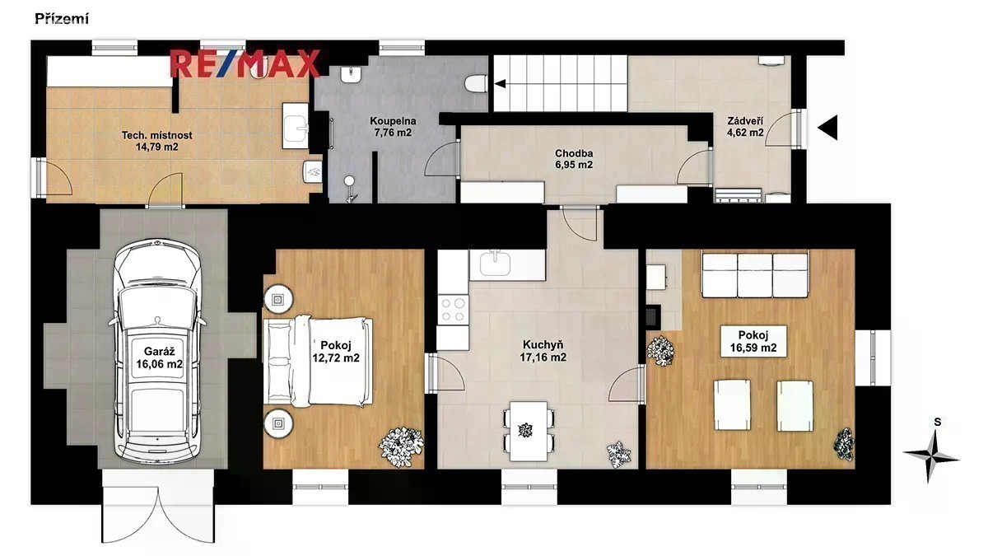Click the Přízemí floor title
pyautogui.click(x=62, y=20)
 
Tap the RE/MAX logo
pyautogui.click(x=245, y=64)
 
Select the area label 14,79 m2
pyautogui.click(x=157, y=147)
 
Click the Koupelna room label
pyautogui.click(x=393, y=121)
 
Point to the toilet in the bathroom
pyautogui.click(x=477, y=83)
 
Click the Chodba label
pyautogui.click(x=574, y=153)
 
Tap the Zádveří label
pyautogui.click(x=745, y=121)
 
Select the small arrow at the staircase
pyautogui.click(x=500, y=83)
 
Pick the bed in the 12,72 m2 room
pyautogui.click(x=319, y=362)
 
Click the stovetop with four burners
pyautogui.click(x=453, y=310)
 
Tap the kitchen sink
pyautogui.click(x=496, y=263)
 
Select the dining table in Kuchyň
pyautogui.click(x=529, y=431)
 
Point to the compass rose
pyautogui.click(x=930, y=456)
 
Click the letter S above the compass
pyautogui.click(x=938, y=423)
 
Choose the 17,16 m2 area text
pyautogui.click(x=543, y=357)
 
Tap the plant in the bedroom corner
pyautogui.click(x=400, y=446)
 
